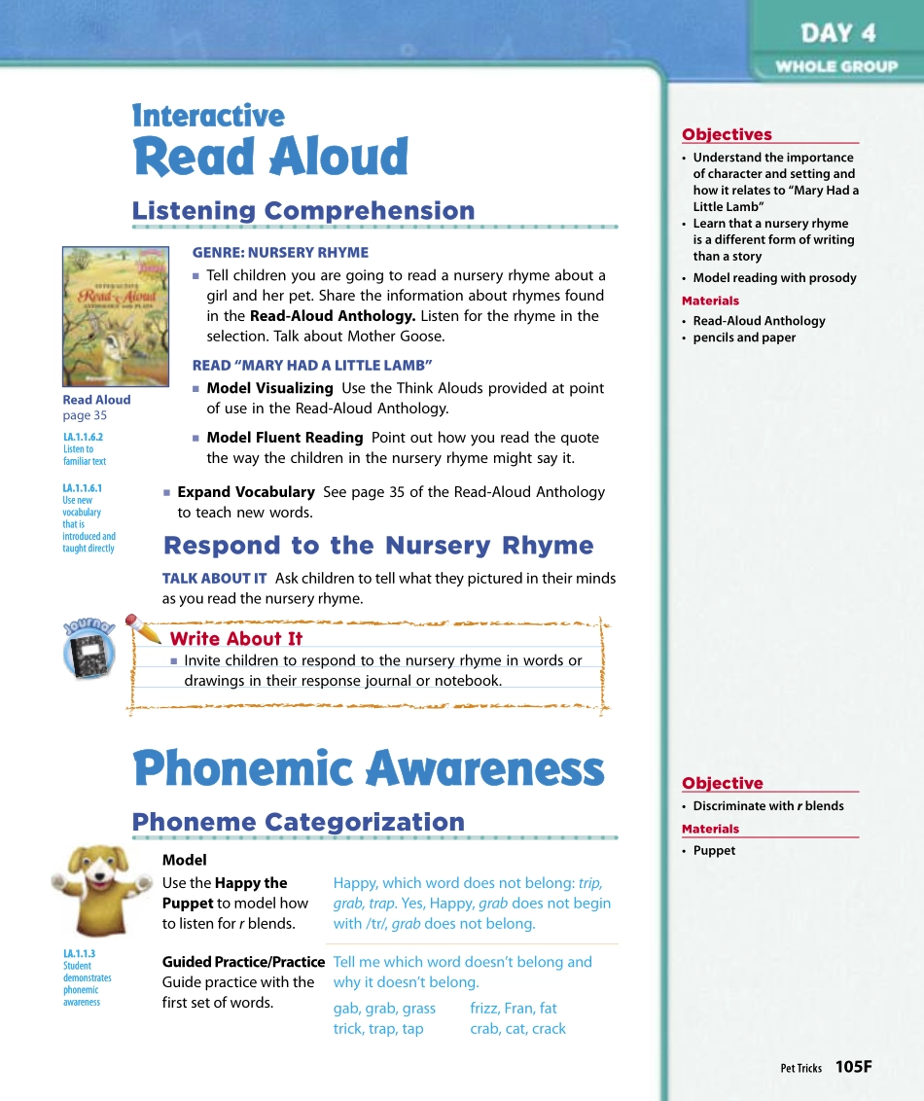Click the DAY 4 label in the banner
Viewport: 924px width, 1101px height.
(x=837, y=34)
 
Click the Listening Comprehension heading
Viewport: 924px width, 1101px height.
(x=303, y=211)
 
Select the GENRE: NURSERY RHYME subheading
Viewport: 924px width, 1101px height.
(x=280, y=252)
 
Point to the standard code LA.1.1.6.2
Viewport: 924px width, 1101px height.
(x=83, y=438)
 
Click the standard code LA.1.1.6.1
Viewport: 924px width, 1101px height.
(x=83, y=488)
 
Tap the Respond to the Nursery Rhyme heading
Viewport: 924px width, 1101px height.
(x=378, y=546)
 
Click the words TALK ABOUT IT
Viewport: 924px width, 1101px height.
(x=214, y=578)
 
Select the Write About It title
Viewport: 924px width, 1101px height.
(x=235, y=639)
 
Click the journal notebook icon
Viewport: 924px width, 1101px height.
(x=89, y=652)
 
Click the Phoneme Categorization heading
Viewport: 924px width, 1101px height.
(x=298, y=822)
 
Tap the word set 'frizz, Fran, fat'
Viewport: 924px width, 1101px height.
(x=514, y=1009)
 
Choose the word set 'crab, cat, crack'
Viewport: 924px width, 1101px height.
(x=517, y=1029)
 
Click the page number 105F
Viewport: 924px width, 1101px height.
(x=853, y=1067)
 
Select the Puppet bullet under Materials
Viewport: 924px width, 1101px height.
(x=714, y=851)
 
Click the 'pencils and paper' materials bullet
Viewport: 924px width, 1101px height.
(x=744, y=337)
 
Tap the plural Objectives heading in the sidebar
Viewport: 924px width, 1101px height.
(x=727, y=135)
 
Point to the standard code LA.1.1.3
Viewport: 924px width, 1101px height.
(x=79, y=954)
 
